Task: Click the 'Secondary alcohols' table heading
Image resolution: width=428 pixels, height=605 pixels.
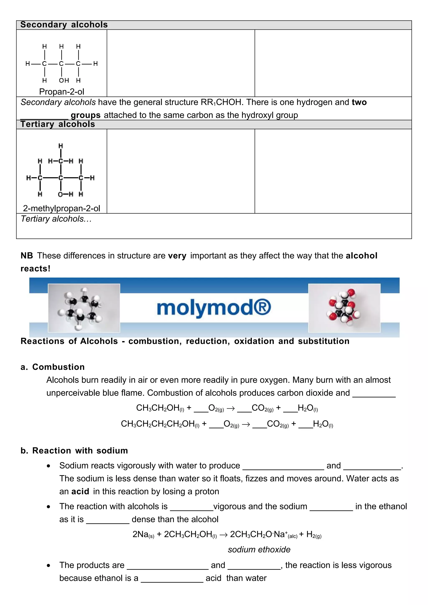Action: coord(64,25)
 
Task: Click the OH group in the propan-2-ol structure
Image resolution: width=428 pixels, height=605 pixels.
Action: coord(64,80)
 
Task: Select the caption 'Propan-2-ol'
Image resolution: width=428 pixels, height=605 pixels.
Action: coord(61,92)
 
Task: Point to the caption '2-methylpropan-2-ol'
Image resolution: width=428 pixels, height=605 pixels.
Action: coord(61,208)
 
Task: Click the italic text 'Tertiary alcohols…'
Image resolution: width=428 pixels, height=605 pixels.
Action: coord(56,219)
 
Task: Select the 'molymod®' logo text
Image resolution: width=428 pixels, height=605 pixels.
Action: coord(214,308)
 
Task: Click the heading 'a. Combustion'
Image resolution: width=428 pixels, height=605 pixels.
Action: coord(53,367)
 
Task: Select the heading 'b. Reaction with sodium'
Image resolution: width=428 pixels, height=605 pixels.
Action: coord(74,451)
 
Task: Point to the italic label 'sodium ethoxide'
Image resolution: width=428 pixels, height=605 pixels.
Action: coord(259,550)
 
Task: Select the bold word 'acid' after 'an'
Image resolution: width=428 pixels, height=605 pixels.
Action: coord(80,492)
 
